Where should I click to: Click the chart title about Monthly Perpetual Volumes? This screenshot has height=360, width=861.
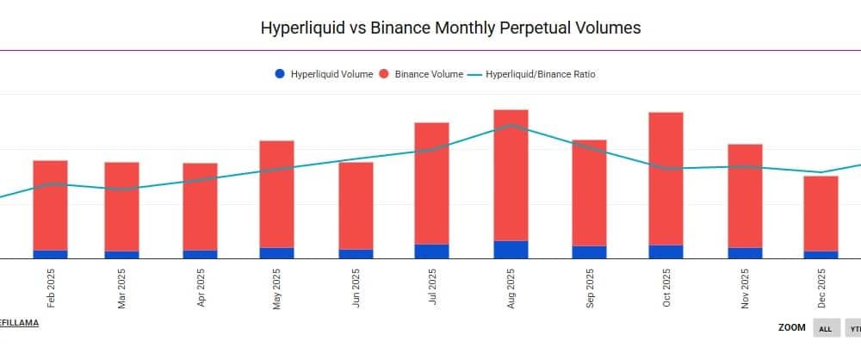(450, 28)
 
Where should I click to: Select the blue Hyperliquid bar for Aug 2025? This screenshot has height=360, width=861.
(511, 250)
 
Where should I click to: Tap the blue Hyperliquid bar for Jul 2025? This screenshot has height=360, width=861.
(431, 251)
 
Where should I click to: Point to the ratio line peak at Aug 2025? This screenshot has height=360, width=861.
(511, 125)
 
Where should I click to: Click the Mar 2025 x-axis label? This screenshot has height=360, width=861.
(122, 290)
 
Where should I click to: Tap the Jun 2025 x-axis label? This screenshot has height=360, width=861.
(356, 290)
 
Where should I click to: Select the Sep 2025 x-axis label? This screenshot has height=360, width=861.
(589, 290)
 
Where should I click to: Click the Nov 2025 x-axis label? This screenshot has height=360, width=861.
(745, 290)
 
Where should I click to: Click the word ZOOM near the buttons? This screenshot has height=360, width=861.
(791, 328)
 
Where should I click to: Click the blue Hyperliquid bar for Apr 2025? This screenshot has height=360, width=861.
(200, 254)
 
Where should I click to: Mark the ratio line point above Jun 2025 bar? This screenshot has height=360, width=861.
(356, 159)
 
